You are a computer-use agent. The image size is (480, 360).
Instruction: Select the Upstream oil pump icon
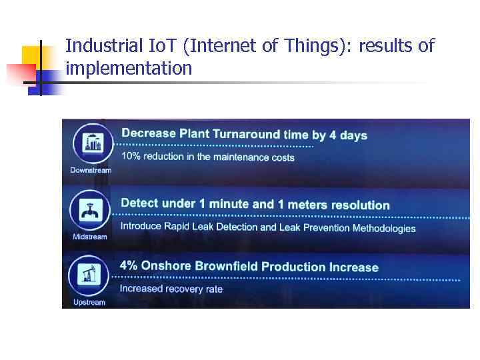(90, 276)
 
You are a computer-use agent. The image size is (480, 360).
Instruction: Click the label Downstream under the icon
(91, 170)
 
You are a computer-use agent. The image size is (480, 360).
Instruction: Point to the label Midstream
(90, 237)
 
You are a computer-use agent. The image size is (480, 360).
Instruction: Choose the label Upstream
(89, 303)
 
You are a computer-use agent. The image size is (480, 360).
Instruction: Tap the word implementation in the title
(129, 68)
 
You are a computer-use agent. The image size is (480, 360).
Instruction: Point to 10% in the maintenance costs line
(131, 157)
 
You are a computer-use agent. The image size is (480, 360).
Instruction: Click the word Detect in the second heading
(139, 203)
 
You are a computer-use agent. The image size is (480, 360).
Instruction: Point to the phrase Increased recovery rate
(171, 289)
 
